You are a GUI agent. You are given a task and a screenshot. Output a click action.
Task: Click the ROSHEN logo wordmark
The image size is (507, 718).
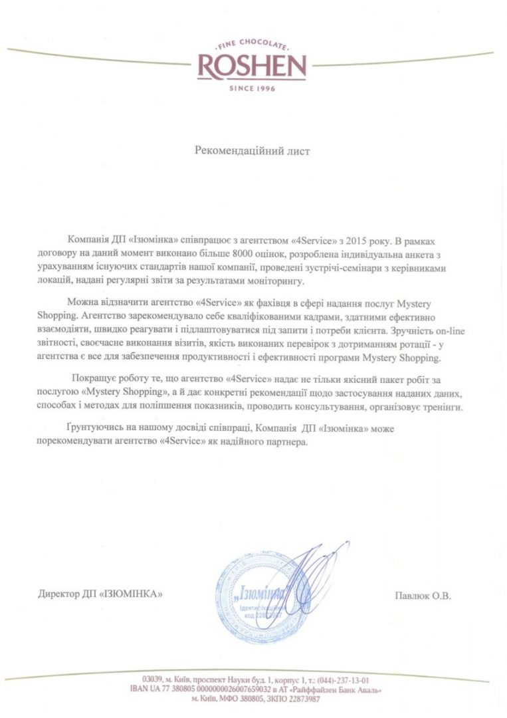point(252,66)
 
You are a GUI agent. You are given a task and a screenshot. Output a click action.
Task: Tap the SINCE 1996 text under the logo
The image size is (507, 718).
point(252,88)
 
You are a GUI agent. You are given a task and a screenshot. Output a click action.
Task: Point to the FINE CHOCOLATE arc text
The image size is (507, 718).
point(252,47)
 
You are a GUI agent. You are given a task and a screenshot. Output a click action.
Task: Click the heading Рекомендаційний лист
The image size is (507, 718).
point(252,151)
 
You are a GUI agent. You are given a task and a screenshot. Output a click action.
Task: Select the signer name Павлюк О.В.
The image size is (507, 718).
point(423,596)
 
